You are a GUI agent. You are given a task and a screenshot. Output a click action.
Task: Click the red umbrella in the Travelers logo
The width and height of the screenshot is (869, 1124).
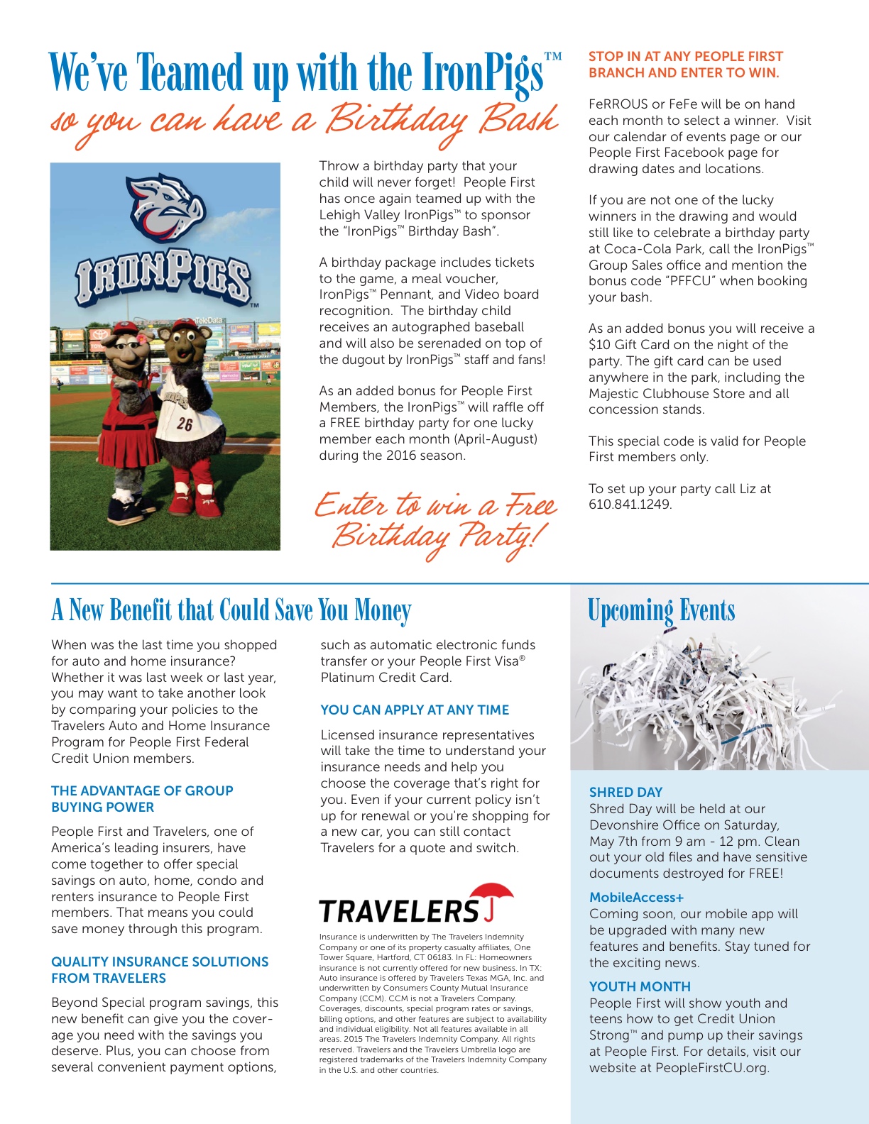(491, 895)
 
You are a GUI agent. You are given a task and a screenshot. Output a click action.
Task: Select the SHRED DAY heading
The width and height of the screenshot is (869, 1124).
(625, 792)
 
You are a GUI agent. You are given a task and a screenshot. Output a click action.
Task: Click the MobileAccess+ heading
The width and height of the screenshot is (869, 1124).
(636, 897)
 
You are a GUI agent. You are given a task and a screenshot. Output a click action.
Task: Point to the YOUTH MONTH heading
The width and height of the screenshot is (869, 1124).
(640, 986)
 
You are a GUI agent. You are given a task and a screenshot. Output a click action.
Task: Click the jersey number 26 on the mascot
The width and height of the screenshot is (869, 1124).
(185, 424)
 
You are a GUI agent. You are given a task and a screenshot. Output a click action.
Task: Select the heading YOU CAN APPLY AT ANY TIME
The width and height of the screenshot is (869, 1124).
(415, 710)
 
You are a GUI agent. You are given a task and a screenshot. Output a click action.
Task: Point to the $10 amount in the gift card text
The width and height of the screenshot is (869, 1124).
(600, 345)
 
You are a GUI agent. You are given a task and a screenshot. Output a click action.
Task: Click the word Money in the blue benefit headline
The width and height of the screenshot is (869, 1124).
(383, 610)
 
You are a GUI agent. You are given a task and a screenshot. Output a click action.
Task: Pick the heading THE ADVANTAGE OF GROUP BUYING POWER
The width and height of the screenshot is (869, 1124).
(142, 799)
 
